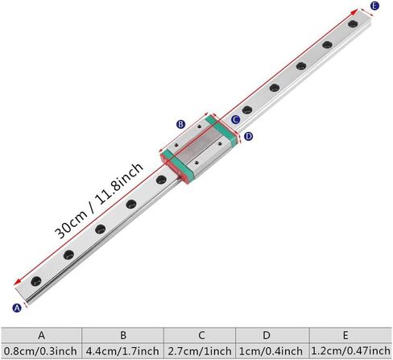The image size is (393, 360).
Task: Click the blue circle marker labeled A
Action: pyautogui.click(x=17, y=308)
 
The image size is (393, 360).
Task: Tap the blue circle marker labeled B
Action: pyautogui.click(x=180, y=124)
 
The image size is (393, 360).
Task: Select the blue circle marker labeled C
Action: pyautogui.click(x=235, y=119)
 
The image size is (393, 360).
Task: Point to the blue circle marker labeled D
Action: pyautogui.click(x=249, y=136)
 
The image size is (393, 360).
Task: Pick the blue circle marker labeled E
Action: pyautogui.click(x=374, y=6)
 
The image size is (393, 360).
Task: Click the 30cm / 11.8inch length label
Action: pyautogui.click(x=99, y=200)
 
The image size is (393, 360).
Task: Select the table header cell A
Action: pyautogui.click(x=41, y=335)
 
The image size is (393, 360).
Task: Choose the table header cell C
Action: pyautogui.click(x=201, y=335)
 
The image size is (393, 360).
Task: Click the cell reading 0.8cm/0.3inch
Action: pyautogui.click(x=41, y=351)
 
